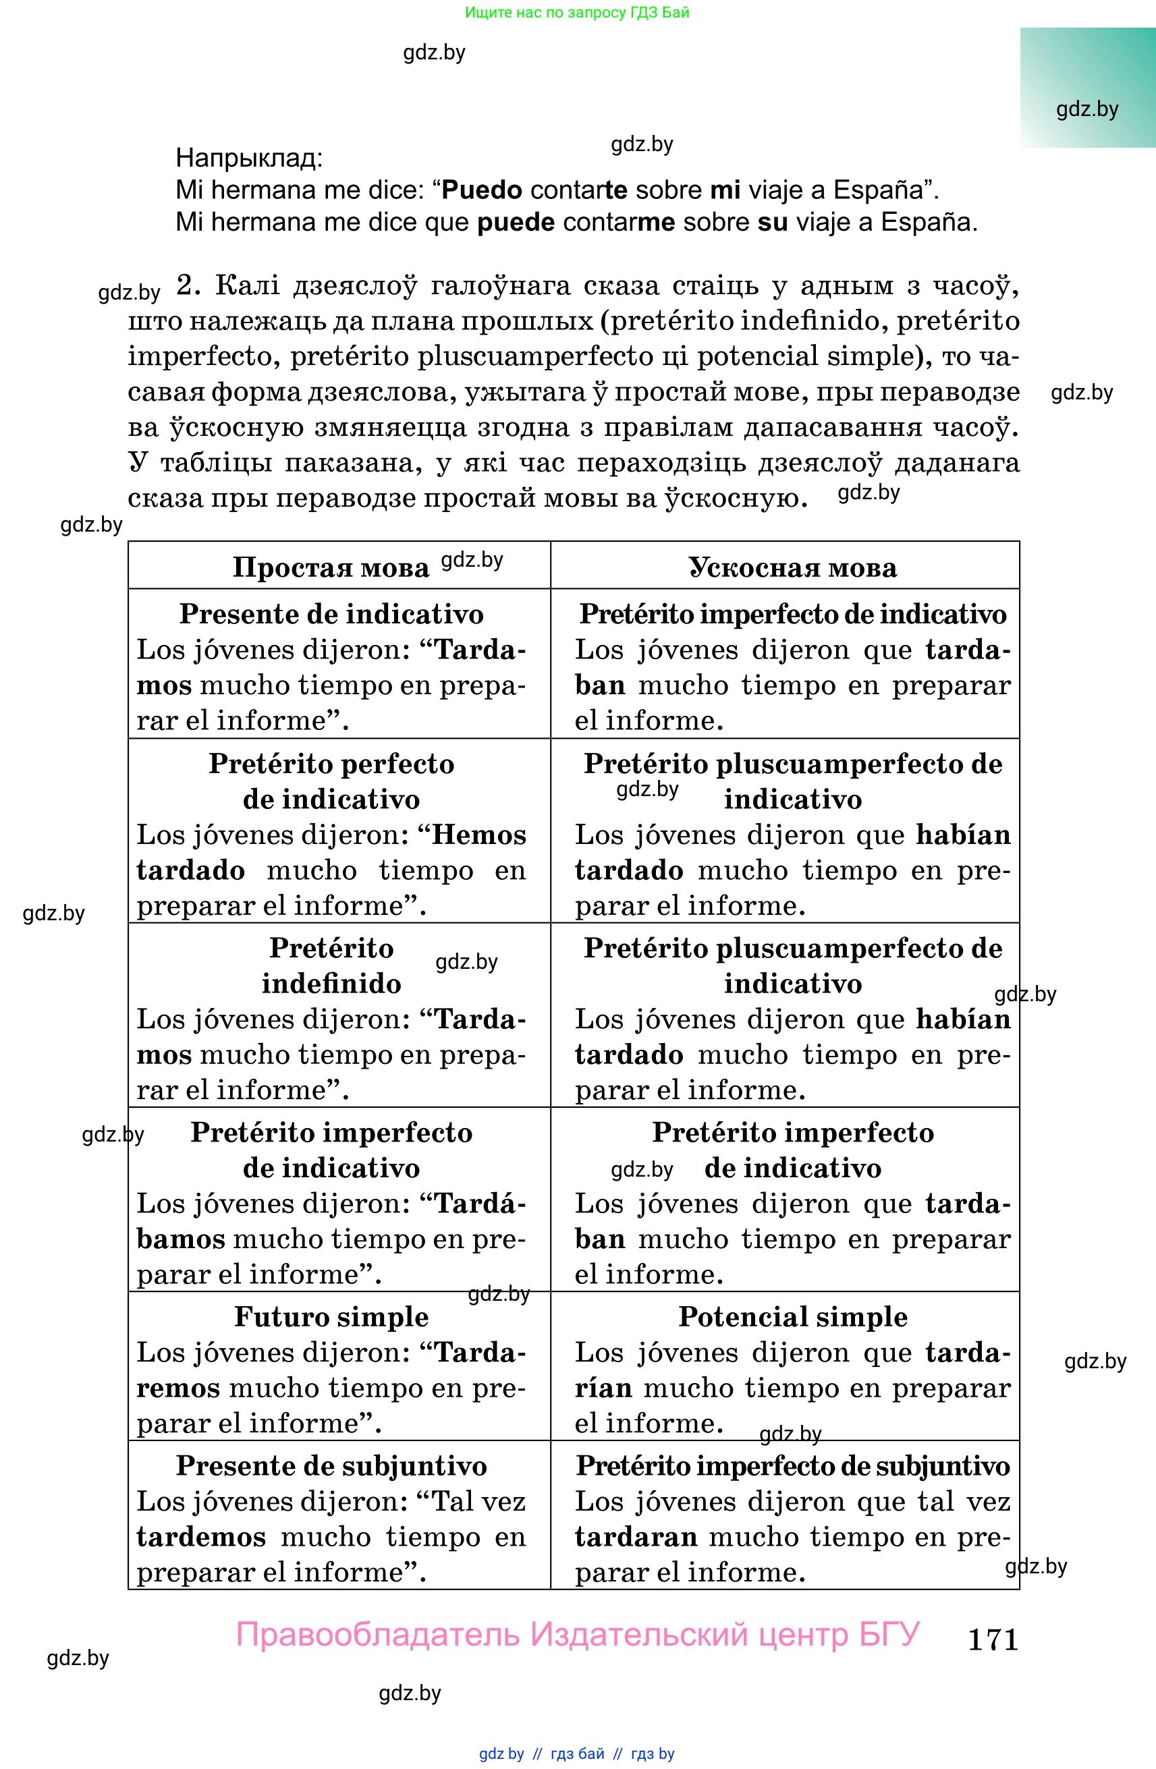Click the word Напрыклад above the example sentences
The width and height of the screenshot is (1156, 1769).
click(x=248, y=158)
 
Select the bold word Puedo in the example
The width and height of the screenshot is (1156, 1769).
click(x=482, y=190)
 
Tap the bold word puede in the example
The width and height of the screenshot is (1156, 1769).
click(x=516, y=222)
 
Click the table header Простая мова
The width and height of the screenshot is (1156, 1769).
click(x=331, y=567)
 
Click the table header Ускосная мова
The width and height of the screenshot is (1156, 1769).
click(x=792, y=567)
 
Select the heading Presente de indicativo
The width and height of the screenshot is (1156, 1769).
click(x=331, y=614)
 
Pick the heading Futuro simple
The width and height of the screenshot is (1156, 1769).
click(x=331, y=1316)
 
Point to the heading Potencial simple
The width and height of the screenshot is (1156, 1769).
click(x=792, y=1316)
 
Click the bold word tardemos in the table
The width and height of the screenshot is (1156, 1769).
click(x=200, y=1536)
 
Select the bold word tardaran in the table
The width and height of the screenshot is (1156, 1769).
click(x=636, y=1536)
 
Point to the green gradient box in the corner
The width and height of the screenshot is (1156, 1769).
click(x=1087, y=87)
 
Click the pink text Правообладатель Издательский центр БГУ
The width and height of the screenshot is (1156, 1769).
click(x=578, y=1635)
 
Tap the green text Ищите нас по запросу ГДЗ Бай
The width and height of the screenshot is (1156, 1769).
click(x=577, y=13)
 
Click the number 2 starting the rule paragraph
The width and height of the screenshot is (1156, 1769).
click(x=188, y=285)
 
